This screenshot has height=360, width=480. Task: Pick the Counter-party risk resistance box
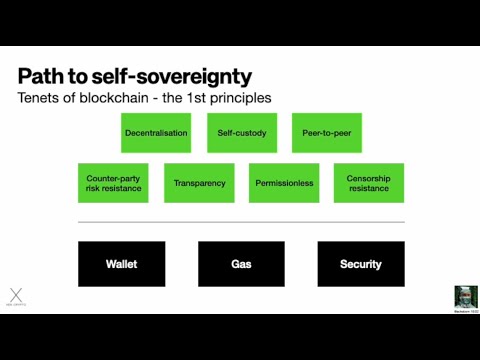pos(113,183)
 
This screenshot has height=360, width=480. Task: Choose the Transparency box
pos(198,183)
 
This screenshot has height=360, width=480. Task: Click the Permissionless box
pos(283,183)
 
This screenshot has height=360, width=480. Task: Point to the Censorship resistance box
pos(368,183)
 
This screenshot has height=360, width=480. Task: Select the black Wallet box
pos(121,264)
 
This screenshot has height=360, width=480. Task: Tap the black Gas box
pos(241,264)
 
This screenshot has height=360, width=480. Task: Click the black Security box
pos(361,264)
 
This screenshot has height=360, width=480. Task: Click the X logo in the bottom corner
pos(15,295)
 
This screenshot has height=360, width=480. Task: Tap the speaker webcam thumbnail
pos(465,296)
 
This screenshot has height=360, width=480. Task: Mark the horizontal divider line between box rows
pos(241,222)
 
